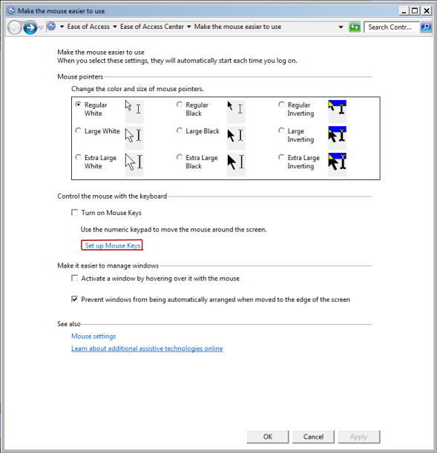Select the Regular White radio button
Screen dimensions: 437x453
coord(78,105)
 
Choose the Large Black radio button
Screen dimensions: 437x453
coord(180,130)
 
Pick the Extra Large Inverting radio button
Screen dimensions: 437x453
coord(281,157)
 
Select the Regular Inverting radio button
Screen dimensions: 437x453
coord(281,105)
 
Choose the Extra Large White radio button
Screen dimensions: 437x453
coord(78,157)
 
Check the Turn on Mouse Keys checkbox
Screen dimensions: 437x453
coord(75,213)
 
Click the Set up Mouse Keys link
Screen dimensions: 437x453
coord(113,245)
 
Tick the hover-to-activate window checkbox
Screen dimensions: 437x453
coord(75,278)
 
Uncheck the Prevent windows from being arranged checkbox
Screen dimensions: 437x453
coord(75,299)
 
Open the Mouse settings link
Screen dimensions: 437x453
coord(93,337)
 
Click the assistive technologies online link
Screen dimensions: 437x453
coord(147,348)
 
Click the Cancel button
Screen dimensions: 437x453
coord(313,437)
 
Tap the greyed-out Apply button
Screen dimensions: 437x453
coord(359,437)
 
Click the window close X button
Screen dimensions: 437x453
coord(427,11)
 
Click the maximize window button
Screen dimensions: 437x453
coord(415,11)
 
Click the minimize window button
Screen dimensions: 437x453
coord(404,11)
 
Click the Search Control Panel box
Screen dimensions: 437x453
coord(391,27)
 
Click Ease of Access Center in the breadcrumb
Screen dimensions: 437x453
coord(152,27)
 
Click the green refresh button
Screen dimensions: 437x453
coord(355,27)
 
